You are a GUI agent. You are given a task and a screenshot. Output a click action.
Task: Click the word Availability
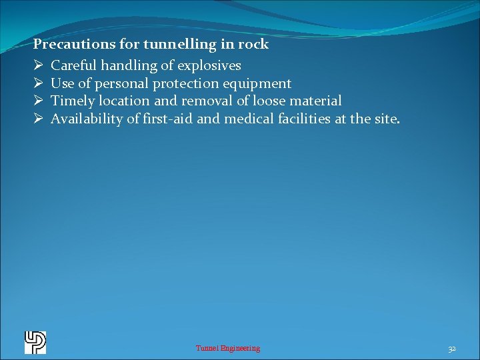86,119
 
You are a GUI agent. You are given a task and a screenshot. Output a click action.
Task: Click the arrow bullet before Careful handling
38,66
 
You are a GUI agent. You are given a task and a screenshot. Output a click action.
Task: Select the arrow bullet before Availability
38,119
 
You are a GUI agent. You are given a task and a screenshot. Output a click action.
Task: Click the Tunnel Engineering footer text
228,348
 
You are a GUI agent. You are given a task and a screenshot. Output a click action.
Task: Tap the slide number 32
452,349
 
